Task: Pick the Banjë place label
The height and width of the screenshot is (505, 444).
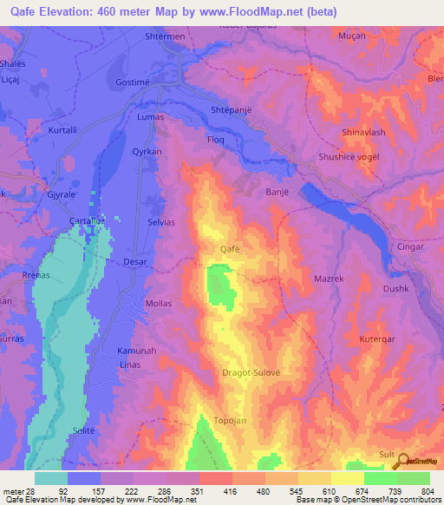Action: pos(275,168)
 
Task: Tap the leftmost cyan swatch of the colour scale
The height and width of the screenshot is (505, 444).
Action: pos(51,478)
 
